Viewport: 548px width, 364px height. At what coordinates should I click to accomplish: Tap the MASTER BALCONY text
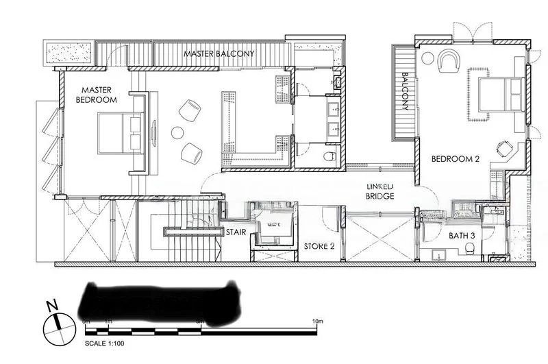tap(219, 53)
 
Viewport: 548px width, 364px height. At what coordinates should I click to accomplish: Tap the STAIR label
tap(236, 232)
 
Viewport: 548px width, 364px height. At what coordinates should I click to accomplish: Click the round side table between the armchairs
tap(177, 132)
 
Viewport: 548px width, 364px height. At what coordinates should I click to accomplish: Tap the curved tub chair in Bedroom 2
tap(449, 62)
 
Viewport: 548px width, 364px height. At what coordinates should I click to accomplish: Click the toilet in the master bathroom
tap(329, 157)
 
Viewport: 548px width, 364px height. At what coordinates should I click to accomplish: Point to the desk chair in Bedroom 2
tap(506, 147)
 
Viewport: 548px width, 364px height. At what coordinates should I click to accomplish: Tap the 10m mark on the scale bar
tap(316, 321)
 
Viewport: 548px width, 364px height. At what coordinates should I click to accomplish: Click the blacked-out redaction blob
tap(161, 302)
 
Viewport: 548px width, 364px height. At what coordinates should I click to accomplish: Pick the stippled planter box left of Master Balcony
tap(68, 52)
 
